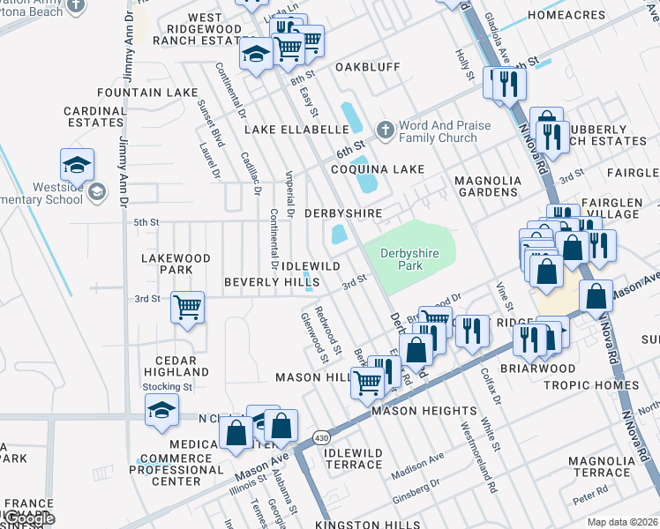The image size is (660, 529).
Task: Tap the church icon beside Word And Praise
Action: coord(385,130)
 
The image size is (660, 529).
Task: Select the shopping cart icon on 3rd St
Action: coord(187,308)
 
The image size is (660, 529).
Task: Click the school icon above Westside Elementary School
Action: coord(77,165)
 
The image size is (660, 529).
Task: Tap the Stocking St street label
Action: coord(168,387)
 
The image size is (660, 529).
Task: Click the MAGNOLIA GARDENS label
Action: coord(486,186)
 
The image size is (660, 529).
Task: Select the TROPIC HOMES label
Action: coord(590,385)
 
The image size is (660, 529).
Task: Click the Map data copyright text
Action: coord(622,522)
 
